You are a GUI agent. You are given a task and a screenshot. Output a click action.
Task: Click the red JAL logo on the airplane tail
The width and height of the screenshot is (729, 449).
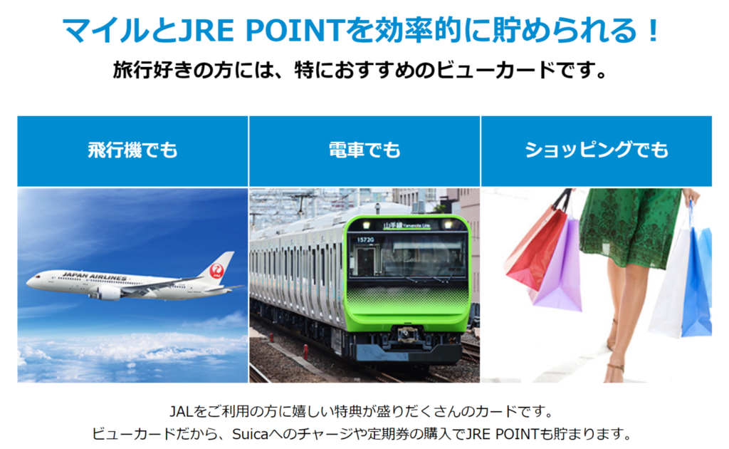click(x=216, y=270)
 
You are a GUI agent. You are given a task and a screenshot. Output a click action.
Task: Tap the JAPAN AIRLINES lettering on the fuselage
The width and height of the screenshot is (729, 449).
click(x=94, y=277)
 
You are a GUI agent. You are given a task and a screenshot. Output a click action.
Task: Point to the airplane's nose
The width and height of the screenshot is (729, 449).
click(x=28, y=282)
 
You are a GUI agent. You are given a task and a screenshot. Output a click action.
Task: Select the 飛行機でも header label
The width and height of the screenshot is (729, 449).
click(x=133, y=150)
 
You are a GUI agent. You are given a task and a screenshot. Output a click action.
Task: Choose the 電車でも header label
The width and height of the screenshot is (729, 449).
click(x=364, y=150)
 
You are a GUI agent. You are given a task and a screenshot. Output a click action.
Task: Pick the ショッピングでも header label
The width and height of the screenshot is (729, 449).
click(x=597, y=150)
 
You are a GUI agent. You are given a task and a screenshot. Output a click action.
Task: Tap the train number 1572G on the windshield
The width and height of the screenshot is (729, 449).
click(x=365, y=239)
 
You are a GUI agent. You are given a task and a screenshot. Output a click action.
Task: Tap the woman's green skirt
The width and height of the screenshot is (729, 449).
click(x=630, y=228)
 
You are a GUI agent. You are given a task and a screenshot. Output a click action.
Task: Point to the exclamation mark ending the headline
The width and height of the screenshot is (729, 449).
click(x=654, y=31)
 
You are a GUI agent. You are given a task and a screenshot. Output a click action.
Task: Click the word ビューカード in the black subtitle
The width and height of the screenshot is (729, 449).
click(x=496, y=71)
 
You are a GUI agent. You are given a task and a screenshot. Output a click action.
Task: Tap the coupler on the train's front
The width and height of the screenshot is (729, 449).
click(x=408, y=334)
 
